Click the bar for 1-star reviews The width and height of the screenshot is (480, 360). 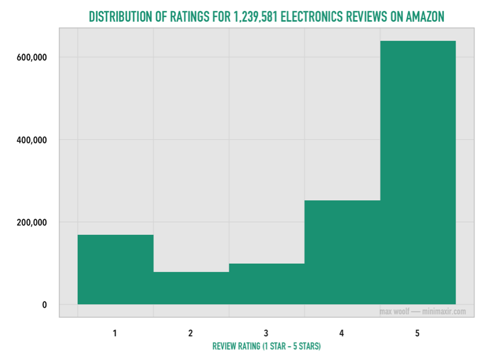click(115, 269)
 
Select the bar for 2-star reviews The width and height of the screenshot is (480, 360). click(191, 288)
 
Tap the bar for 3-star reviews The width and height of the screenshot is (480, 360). click(266, 284)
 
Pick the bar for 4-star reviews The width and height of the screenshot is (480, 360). click(342, 252)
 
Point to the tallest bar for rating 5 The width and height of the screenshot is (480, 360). click(418, 172)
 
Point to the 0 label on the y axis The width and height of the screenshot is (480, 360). click(43, 305)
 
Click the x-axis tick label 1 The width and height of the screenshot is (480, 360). click(115, 333)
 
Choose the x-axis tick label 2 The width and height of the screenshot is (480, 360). click(191, 333)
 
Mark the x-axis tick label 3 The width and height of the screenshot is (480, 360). click(266, 333)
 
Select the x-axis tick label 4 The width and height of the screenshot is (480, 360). click(342, 333)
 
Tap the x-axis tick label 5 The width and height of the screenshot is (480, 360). click(418, 333)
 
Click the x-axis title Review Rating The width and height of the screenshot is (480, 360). click(266, 346)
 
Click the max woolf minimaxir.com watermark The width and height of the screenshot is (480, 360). click(422, 311)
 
